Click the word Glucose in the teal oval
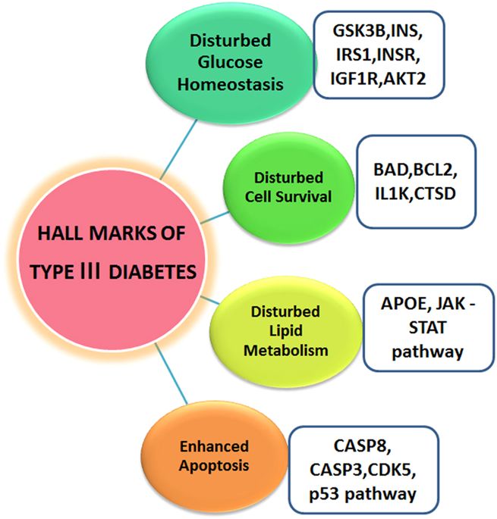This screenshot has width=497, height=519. click(230, 62)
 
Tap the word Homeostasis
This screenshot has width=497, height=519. click(231, 84)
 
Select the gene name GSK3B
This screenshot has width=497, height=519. click(359, 31)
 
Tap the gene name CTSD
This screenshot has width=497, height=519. click(435, 194)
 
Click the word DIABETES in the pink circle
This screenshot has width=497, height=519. click(153, 272)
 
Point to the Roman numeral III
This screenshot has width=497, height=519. click(90, 271)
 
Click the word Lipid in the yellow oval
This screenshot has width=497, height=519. click(285, 330)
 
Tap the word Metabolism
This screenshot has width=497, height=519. click(286, 350)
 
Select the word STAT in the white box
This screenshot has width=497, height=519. click(427, 327)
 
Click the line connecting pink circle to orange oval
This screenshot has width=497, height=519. click(171, 374)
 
